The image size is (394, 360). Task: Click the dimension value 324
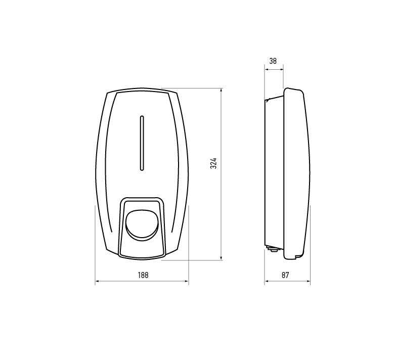point(214,163)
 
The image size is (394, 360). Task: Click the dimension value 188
point(142,275)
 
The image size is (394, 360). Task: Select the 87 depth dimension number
point(285,275)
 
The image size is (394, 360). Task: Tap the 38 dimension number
point(273,61)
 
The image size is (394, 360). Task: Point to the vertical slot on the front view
point(142,143)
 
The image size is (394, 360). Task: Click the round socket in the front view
point(142,225)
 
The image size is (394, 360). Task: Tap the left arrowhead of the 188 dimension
point(97,282)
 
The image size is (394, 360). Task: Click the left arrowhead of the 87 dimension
point(266,282)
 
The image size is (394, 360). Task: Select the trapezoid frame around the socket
point(122,228)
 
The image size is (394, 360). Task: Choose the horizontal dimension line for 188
point(116,282)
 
